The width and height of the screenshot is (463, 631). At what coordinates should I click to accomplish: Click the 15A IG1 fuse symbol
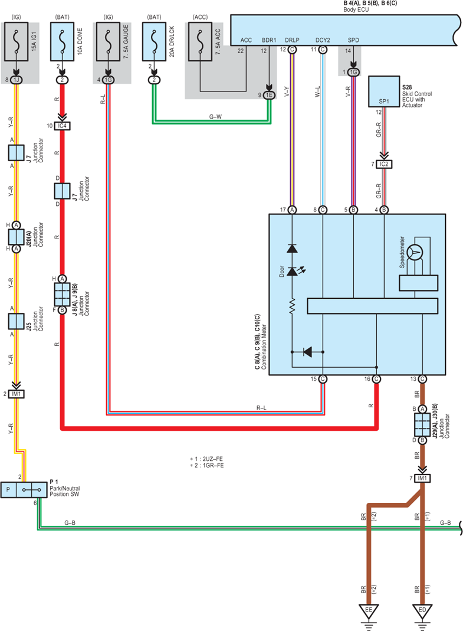click(x=16, y=41)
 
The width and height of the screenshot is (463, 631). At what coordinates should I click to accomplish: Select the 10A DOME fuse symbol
click(x=62, y=41)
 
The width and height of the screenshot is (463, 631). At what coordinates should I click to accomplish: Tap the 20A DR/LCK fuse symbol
click(x=154, y=41)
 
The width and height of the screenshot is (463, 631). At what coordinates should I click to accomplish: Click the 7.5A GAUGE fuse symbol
click(x=108, y=41)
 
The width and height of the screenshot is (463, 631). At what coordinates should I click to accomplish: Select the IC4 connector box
click(x=62, y=126)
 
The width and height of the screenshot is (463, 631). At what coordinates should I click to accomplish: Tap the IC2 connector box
click(x=384, y=164)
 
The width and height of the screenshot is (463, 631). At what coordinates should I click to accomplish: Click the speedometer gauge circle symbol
click(x=415, y=253)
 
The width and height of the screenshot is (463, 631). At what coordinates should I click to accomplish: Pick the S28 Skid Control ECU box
click(x=384, y=91)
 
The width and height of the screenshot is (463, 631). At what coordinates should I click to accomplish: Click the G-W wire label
click(x=215, y=117)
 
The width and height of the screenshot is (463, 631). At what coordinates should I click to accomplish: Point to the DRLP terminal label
click(x=292, y=40)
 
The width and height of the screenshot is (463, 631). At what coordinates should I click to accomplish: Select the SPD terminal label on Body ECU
click(x=353, y=40)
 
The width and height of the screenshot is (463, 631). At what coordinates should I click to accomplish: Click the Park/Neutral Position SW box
click(x=24, y=490)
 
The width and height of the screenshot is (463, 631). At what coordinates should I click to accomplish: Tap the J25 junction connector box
click(x=16, y=322)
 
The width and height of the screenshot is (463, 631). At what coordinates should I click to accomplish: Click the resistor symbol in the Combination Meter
click(x=293, y=305)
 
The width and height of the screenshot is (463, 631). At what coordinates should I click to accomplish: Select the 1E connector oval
click(x=269, y=96)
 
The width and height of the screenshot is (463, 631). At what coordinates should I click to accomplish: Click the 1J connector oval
click(x=16, y=80)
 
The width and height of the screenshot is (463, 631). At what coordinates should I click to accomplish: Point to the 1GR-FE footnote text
click(x=206, y=466)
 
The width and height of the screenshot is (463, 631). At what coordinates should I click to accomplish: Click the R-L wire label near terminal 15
click(x=261, y=408)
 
